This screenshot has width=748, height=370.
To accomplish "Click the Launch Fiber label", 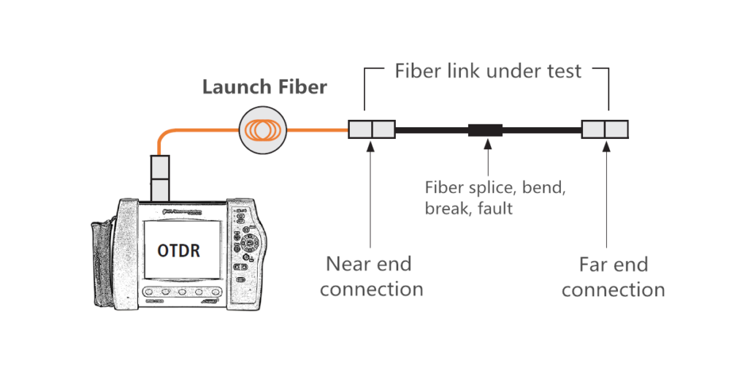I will pyautogui.click(x=264, y=88).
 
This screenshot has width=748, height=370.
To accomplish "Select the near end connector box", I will pyautogui.click(x=371, y=130).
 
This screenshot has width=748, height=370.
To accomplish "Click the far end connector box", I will pyautogui.click(x=604, y=129).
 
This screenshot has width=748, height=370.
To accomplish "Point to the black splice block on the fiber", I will pyautogui.click(x=485, y=131).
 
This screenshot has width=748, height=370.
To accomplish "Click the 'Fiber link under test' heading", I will pyautogui.click(x=488, y=71).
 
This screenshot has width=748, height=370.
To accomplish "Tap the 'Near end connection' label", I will pyautogui.click(x=371, y=276).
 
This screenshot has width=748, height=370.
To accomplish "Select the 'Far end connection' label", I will pyautogui.click(x=613, y=276).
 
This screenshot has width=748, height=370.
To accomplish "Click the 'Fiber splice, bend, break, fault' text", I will pyautogui.click(x=495, y=197).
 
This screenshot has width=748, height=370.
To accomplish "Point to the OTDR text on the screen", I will pyautogui.click(x=179, y=250).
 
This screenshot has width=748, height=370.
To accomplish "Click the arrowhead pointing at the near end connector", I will pyautogui.click(x=371, y=146).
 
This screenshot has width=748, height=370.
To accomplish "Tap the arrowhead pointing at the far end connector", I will pyautogui.click(x=606, y=146).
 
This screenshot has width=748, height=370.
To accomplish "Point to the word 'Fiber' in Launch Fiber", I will pyautogui.click(x=300, y=88).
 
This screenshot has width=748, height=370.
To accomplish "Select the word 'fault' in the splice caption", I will pyautogui.click(x=495, y=208).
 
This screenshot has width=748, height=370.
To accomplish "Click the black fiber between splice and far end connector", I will pyautogui.click(x=541, y=131).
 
